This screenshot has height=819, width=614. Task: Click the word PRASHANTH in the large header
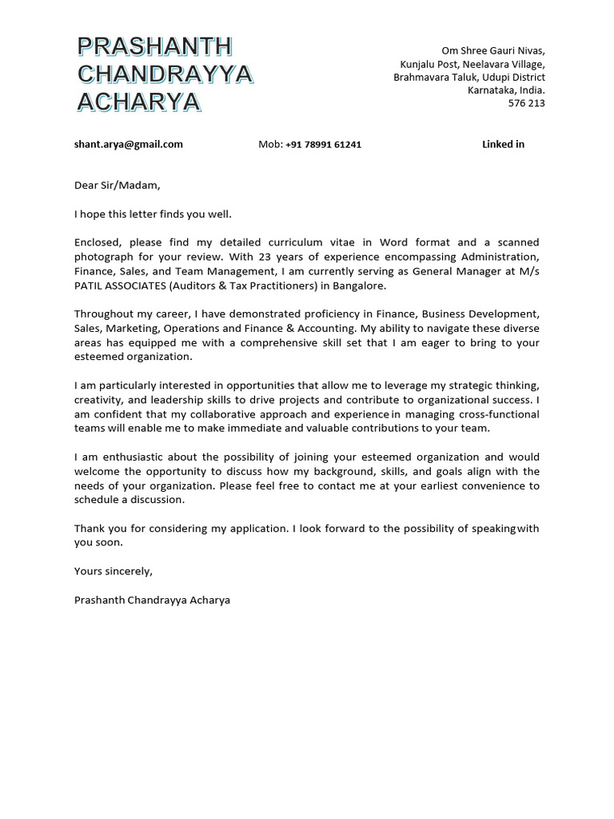(155, 47)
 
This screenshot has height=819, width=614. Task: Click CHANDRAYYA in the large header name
(165, 74)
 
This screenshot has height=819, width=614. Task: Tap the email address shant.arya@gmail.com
(129, 145)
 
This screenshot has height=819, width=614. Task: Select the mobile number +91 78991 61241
(323, 145)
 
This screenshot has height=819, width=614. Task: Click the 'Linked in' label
(503, 145)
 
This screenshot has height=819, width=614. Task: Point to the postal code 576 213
(526, 103)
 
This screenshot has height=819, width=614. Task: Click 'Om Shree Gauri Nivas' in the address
(493, 51)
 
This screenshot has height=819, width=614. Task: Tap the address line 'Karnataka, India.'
(506, 90)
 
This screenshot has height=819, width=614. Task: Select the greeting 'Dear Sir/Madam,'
(118, 186)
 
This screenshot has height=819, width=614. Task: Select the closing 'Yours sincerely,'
(113, 571)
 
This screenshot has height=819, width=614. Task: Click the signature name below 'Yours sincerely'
(152, 600)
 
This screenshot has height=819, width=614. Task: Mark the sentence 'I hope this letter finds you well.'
(153, 214)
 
